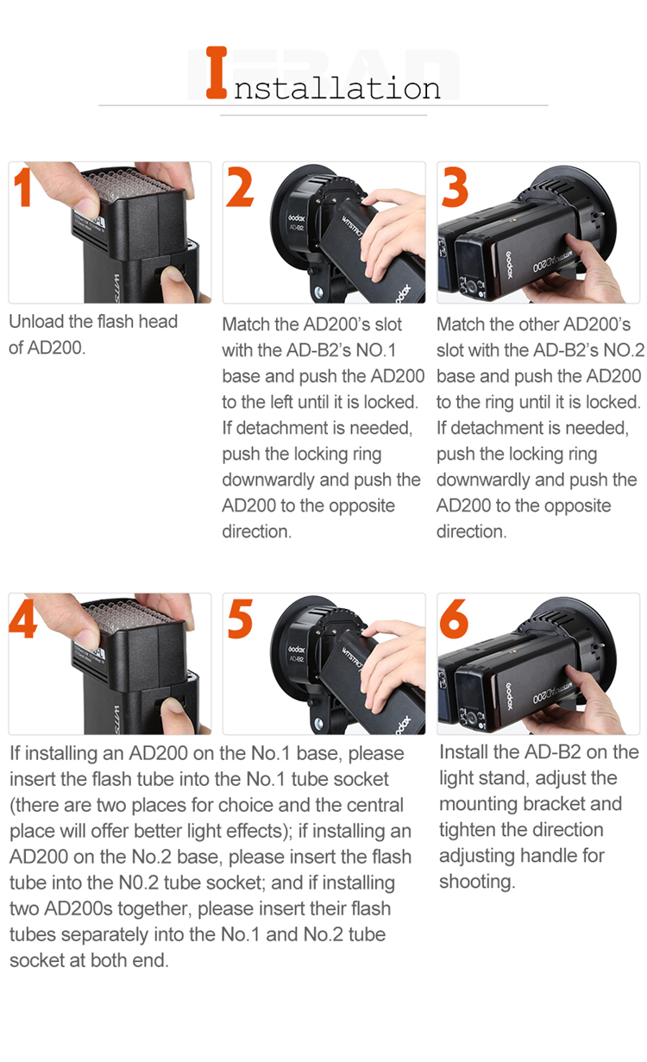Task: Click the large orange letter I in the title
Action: [x=217, y=72]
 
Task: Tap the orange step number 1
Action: [x=22, y=188]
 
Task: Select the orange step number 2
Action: [x=239, y=187]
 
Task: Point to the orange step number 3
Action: [x=455, y=187]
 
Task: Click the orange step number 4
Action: [x=22, y=619]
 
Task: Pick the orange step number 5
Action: [x=240, y=619]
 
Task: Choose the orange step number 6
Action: [x=454, y=619]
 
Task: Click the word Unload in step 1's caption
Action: [x=36, y=322]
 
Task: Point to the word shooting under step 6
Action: [x=477, y=882]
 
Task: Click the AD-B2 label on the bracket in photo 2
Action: [x=296, y=228]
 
